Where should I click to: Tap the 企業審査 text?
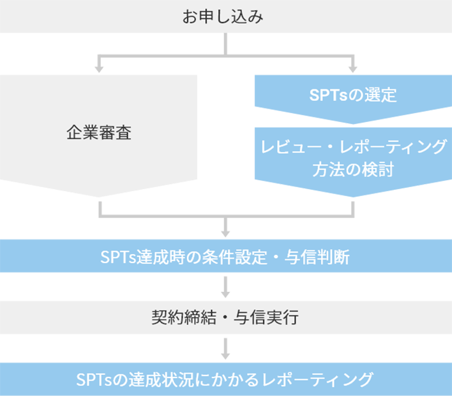pos(99,133)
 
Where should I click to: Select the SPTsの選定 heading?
pos(353,96)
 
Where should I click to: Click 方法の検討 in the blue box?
pos(353,170)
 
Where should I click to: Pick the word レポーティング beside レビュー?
pos(390,147)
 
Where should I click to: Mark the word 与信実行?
pos(271,317)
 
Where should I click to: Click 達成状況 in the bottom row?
pos(160,379)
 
